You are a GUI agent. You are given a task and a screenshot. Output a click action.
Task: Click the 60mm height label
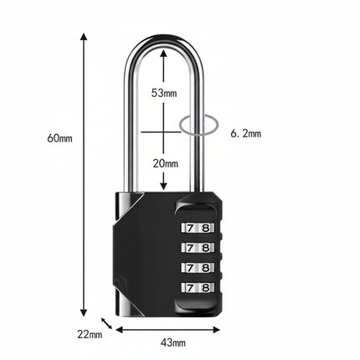[59, 138]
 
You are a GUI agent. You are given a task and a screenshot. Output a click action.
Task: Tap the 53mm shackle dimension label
[164, 93]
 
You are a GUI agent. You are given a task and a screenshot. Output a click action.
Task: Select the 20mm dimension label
[165, 163]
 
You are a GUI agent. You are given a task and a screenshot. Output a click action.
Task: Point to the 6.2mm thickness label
[246, 134]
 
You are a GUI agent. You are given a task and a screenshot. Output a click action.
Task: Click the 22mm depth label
[90, 334]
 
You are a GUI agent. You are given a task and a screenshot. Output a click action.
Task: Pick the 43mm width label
[173, 342]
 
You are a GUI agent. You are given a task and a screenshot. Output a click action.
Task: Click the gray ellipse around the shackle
[180, 126]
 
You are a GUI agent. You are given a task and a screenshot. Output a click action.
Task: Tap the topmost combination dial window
[198, 228]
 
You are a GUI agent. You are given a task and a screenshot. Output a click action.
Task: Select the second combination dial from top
[198, 248]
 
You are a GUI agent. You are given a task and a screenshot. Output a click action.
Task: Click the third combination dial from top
[198, 268]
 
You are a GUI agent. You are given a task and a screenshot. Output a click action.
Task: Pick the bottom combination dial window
[198, 287]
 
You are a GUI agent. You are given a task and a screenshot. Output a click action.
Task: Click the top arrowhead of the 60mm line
[84, 37]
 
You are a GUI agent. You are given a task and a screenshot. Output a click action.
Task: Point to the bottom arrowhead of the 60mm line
[84, 312]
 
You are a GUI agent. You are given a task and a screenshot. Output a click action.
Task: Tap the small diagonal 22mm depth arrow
[106, 323]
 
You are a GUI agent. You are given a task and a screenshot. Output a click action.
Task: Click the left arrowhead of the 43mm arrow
[120, 330]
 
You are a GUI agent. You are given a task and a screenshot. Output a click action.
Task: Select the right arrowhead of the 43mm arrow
[217, 330]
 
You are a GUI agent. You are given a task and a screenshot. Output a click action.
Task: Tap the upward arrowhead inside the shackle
[163, 53]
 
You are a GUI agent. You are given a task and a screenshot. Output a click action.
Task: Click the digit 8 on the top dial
[206, 228]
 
